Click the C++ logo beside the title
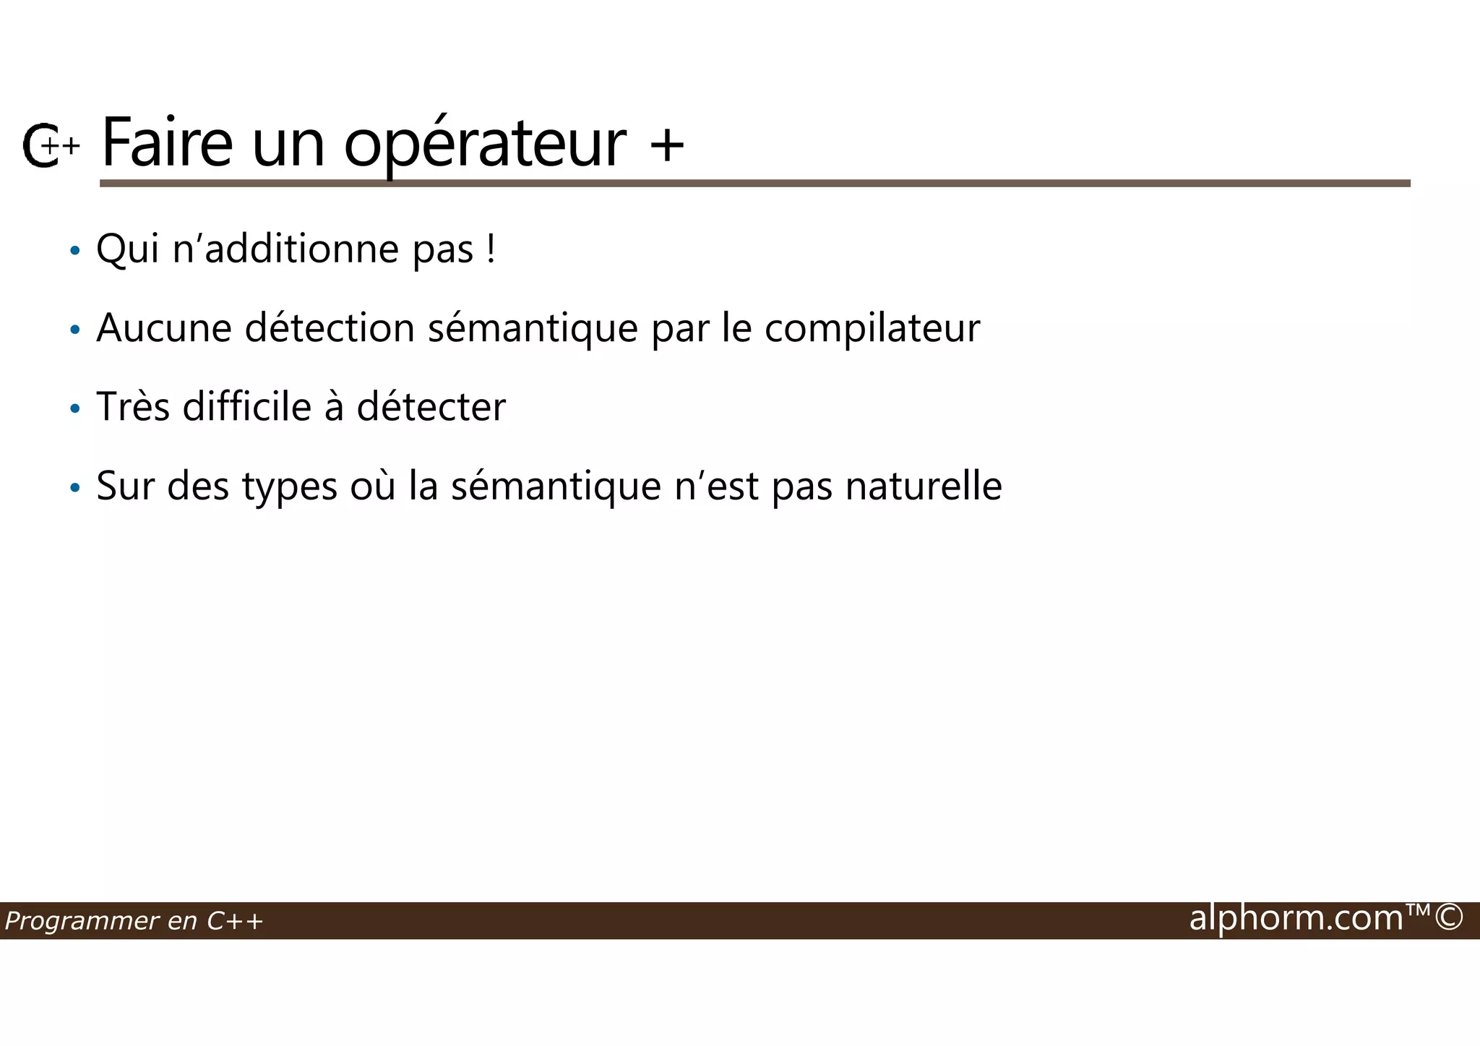pos(49,146)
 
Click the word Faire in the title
pos(167,142)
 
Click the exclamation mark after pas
pos(491,249)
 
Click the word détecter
pos(431,407)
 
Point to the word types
pos(290,487)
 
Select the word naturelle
pos(924,486)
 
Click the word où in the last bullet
pos(373,486)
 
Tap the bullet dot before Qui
pos(75,252)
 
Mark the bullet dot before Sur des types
pos(75,489)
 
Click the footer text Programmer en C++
pos(134,921)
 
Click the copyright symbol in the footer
pos(1449,918)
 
